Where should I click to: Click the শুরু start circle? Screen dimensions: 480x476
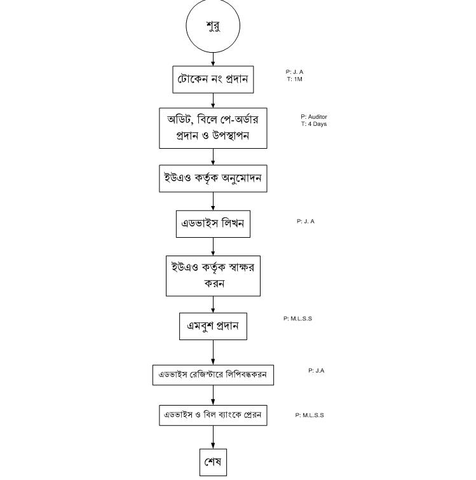pyautogui.click(x=213, y=27)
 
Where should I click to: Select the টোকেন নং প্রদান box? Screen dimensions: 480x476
pyautogui.click(x=213, y=79)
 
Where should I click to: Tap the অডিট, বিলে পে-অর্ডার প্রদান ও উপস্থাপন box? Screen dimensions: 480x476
pyautogui.click(x=213, y=128)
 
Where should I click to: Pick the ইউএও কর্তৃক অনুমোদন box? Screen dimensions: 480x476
pyautogui.click(x=213, y=178)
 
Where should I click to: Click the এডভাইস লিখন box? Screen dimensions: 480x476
pyautogui.click(x=213, y=224)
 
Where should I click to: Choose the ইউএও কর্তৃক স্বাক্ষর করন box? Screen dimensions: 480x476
pyautogui.click(x=213, y=275)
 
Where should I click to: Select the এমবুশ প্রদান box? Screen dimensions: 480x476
pyautogui.click(x=213, y=326)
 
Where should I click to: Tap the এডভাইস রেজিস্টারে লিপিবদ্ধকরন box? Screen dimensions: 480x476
pyautogui.click(x=213, y=374)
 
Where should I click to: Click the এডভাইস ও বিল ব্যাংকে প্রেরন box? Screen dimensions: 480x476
pyautogui.click(x=213, y=415)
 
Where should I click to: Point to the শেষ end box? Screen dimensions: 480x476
pyautogui.click(x=213, y=462)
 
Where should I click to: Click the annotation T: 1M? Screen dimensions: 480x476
pyautogui.click(x=294, y=79)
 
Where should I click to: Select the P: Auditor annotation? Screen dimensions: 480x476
pyautogui.click(x=314, y=117)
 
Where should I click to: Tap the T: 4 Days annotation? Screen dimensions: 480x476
pyautogui.click(x=314, y=124)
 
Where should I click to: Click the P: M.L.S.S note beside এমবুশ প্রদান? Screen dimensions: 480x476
pyautogui.click(x=297, y=319)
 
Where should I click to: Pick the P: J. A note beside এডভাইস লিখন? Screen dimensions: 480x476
pyautogui.click(x=306, y=221)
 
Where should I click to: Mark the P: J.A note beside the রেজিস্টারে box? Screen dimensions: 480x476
pyautogui.click(x=316, y=370)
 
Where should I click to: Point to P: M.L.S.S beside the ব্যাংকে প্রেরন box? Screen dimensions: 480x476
pyautogui.click(x=309, y=415)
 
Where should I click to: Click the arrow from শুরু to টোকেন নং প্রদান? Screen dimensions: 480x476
pyautogui.click(x=213, y=60)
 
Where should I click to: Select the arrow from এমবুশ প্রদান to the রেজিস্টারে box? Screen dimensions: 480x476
pyautogui.click(x=213, y=352)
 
